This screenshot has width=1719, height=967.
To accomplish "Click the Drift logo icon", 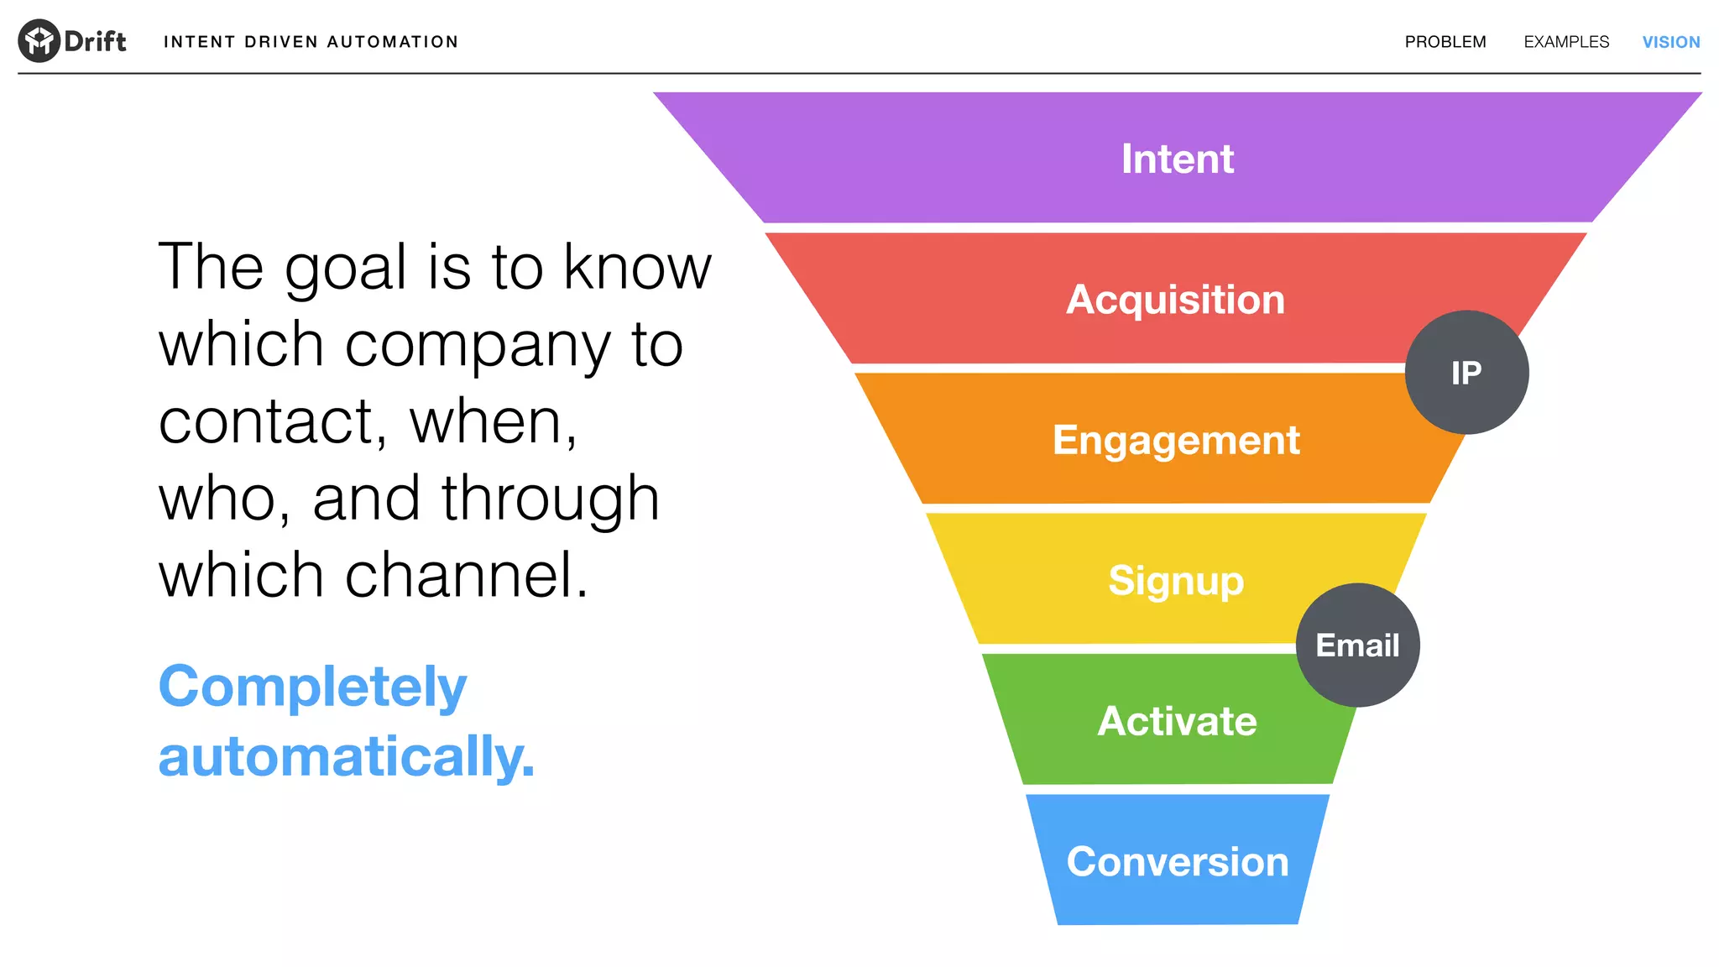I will pyautogui.click(x=39, y=40).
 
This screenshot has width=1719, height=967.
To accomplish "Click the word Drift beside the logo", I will pyautogui.click(x=95, y=41).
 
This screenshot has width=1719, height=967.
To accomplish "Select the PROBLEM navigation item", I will pyautogui.click(x=1445, y=42).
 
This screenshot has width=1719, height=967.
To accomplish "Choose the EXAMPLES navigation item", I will pyautogui.click(x=1566, y=42).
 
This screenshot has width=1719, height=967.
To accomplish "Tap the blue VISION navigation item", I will pyautogui.click(x=1670, y=42).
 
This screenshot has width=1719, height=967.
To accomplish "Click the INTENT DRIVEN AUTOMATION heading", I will pyautogui.click(x=311, y=42).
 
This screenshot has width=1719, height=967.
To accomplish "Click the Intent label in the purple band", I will pyautogui.click(x=1177, y=159).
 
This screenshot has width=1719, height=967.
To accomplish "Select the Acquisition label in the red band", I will pyautogui.click(x=1175, y=300).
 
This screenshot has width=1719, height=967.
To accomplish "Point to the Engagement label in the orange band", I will pyautogui.click(x=1176, y=440).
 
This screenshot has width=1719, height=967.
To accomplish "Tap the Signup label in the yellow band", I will pyautogui.click(x=1175, y=581).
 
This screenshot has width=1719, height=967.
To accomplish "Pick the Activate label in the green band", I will pyautogui.click(x=1177, y=721).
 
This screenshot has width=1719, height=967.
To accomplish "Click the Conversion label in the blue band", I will pyautogui.click(x=1177, y=862).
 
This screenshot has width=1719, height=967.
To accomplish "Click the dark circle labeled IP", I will pyautogui.click(x=1466, y=373).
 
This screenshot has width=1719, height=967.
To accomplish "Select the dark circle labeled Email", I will pyautogui.click(x=1357, y=646).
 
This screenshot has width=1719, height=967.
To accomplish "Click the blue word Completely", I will pyautogui.click(x=312, y=687).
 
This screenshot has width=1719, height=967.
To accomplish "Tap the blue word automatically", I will pyautogui.click(x=346, y=756).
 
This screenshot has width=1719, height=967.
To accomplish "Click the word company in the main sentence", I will pyautogui.click(x=478, y=346).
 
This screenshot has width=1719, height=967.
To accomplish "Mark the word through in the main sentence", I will pyautogui.click(x=551, y=499).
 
